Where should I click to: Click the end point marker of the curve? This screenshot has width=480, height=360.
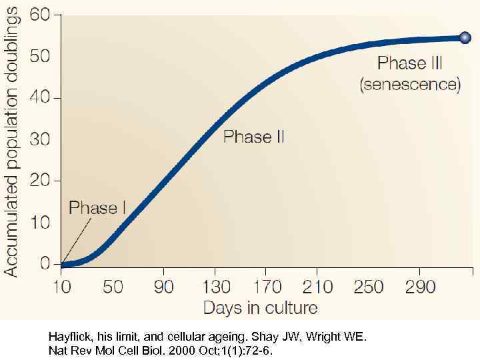[x=465, y=38]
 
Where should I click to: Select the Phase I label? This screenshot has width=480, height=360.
[x=97, y=208]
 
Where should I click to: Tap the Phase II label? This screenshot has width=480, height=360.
[x=254, y=137]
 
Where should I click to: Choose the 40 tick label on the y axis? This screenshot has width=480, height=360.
[x=41, y=97]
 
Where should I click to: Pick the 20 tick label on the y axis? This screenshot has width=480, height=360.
[x=41, y=181]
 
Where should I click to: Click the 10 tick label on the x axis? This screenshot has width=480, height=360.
[x=62, y=287]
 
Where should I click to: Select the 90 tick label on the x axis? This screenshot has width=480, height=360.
[x=164, y=287]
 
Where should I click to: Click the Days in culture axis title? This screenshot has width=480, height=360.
[x=260, y=307]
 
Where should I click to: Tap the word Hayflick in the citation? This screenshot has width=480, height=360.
[x=69, y=337]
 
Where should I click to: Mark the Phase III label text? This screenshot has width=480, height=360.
[x=411, y=63]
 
